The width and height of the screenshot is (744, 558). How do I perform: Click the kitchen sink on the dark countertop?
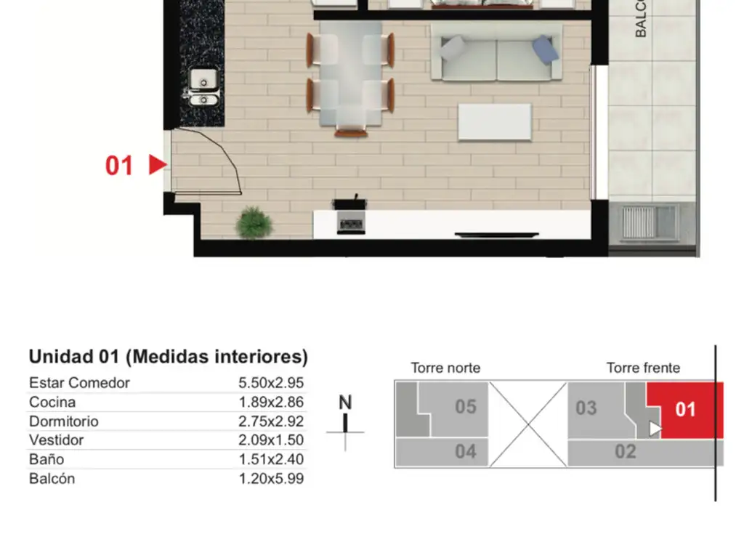(x=203, y=87)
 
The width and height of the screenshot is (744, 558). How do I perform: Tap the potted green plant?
(x=254, y=222)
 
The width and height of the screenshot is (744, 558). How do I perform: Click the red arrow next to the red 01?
(x=158, y=165)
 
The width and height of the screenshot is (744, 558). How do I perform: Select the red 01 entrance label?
(x=118, y=166)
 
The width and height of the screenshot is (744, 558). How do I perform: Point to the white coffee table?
(x=494, y=122)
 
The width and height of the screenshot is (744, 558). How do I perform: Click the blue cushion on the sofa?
(x=545, y=49)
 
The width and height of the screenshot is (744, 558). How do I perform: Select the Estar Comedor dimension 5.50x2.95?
(x=271, y=383)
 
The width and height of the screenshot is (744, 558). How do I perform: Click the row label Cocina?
(x=52, y=403)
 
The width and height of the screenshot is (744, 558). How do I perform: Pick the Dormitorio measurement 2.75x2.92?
(x=271, y=421)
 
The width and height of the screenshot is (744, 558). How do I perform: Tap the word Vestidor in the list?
(x=57, y=440)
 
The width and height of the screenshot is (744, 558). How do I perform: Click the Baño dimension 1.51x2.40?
(x=271, y=459)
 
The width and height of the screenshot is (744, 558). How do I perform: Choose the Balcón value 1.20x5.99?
(x=271, y=479)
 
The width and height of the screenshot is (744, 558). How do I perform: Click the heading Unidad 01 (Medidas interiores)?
(x=169, y=357)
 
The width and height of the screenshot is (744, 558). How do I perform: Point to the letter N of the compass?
(x=345, y=403)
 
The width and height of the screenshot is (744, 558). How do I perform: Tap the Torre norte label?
(x=445, y=368)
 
